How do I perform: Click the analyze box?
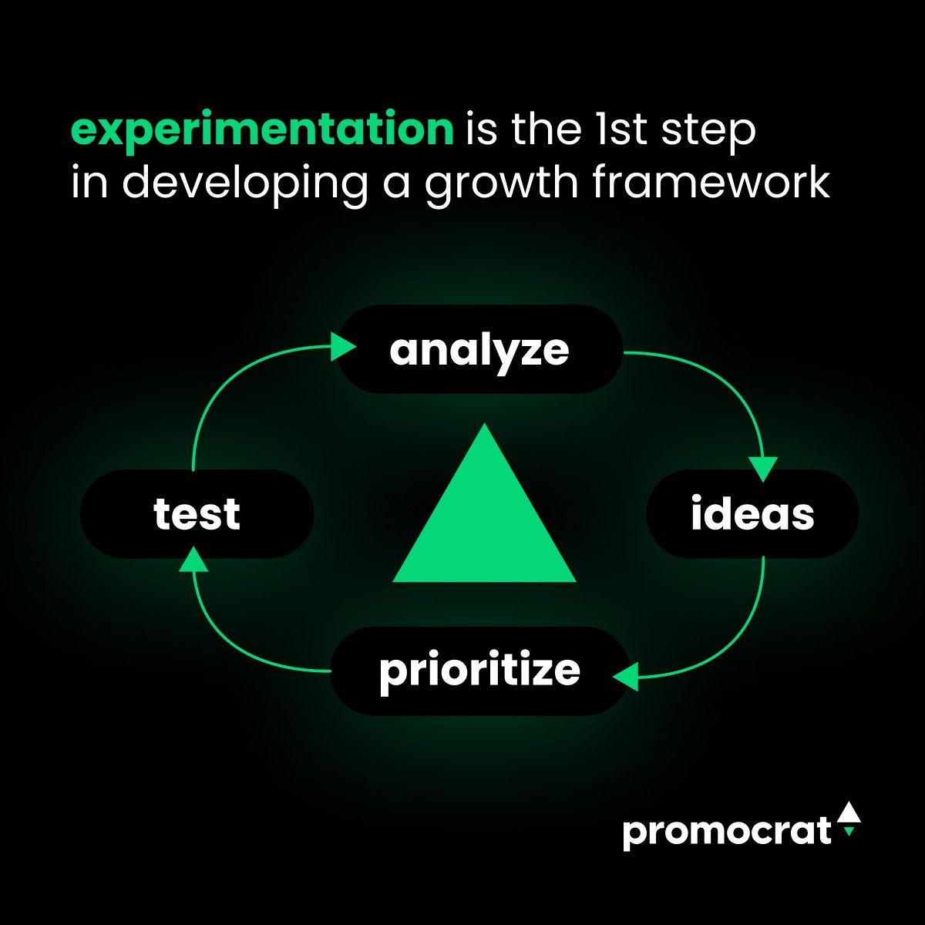click(479, 350)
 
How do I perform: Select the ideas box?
click(752, 514)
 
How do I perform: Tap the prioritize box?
click(479, 671)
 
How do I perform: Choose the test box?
click(197, 514)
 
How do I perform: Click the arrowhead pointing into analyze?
click(341, 347)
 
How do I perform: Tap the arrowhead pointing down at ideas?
click(763, 469)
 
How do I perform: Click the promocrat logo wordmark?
click(726, 832)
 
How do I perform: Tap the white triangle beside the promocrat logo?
click(848, 812)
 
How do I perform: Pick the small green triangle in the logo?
click(849, 832)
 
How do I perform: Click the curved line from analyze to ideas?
click(725, 378)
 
